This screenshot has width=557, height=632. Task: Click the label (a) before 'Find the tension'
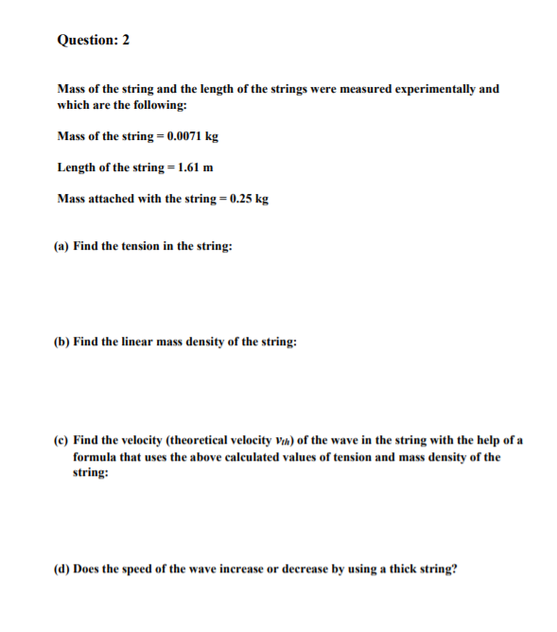click(62, 246)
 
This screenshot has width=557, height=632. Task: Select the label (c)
click(61, 441)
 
